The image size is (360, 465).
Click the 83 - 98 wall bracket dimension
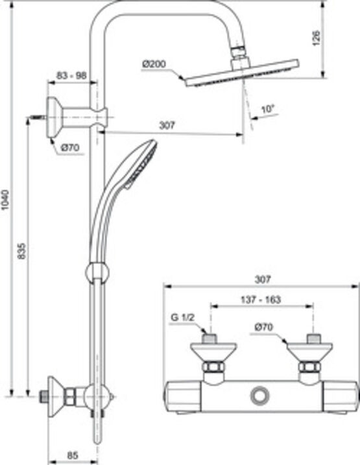tap(71, 76)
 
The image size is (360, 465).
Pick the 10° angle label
tap(265, 109)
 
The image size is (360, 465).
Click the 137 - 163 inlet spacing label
tap(260, 300)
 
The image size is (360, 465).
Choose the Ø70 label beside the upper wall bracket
tap(70, 148)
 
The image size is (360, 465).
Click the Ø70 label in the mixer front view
tap(263, 328)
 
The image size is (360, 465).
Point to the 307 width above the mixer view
tap(261, 280)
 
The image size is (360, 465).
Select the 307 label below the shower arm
tap(167, 125)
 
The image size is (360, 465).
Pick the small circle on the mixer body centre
tap(261, 394)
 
